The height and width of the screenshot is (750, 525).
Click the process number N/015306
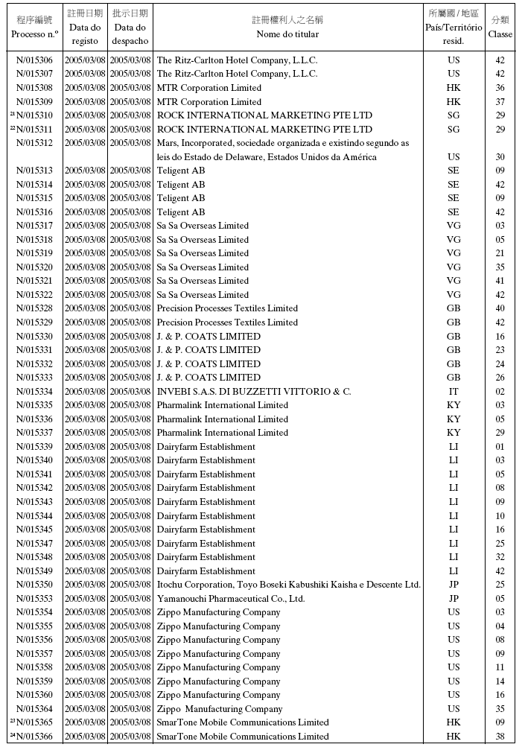(34, 60)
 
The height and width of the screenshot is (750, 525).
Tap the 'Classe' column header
(500, 34)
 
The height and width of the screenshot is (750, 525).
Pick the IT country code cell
(454, 392)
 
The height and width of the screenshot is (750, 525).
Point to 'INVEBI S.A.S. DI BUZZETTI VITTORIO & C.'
(253, 392)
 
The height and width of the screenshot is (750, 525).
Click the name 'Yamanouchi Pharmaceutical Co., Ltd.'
(231, 599)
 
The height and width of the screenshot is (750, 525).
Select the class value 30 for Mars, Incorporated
(500, 157)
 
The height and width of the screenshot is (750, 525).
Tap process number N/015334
(34, 392)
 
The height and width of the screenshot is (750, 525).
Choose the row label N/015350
(34, 585)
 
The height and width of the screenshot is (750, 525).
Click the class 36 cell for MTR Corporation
(500, 88)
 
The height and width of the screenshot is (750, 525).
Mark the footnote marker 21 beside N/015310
(13, 114)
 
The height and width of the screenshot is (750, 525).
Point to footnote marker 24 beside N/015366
(13, 735)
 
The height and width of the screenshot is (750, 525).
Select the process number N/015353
(34, 599)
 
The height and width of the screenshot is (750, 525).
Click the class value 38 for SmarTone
(500, 737)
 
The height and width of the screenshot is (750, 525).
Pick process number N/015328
(34, 308)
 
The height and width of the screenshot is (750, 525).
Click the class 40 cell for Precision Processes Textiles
(500, 308)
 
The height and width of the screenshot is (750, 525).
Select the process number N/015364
(34, 709)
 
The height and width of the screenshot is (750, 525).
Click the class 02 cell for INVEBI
(500, 392)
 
